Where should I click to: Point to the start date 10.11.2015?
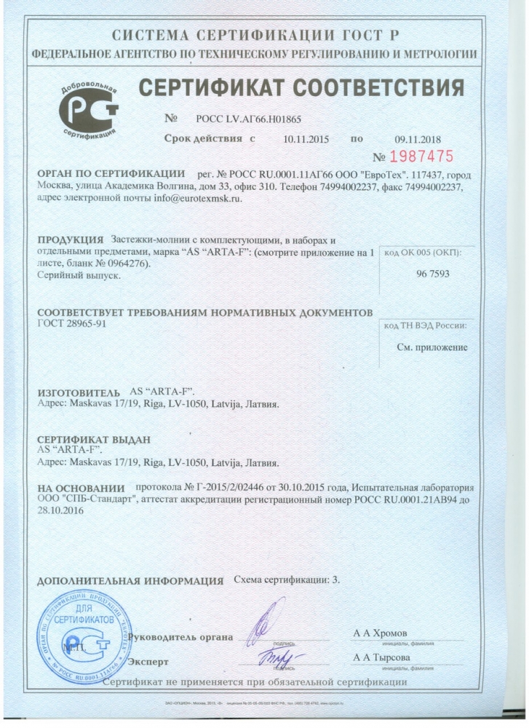coord(306,139)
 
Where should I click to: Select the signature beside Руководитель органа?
coord(266,622)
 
